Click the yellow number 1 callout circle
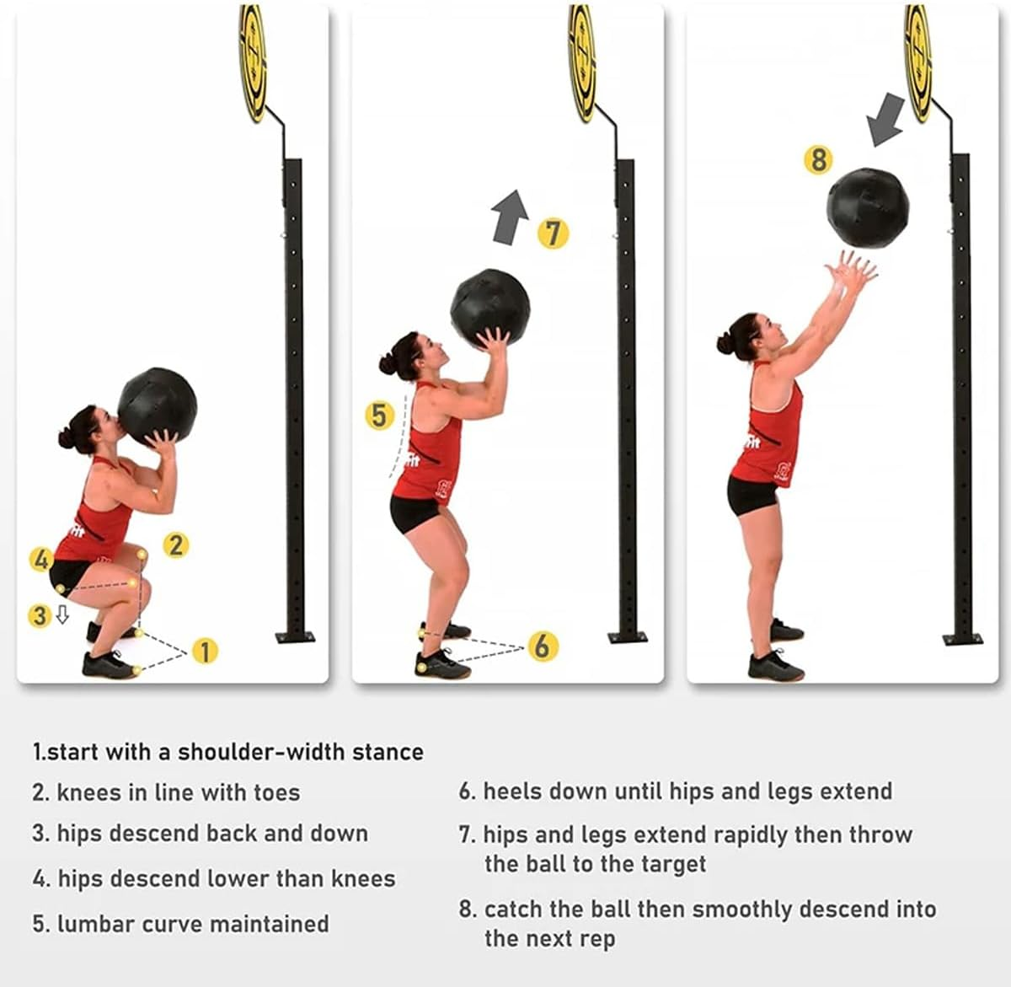point(205,651)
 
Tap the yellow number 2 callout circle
point(177,545)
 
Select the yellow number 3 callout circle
point(40,616)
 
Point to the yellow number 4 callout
point(41,560)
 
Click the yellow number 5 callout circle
point(379,416)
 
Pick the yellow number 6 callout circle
point(543,646)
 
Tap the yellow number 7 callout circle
point(553,233)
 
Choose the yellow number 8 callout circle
point(818,159)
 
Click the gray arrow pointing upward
point(510,217)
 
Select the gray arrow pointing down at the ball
point(885,120)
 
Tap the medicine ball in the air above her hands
point(868,207)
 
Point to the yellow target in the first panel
point(254,62)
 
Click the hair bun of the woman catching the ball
point(725,344)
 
